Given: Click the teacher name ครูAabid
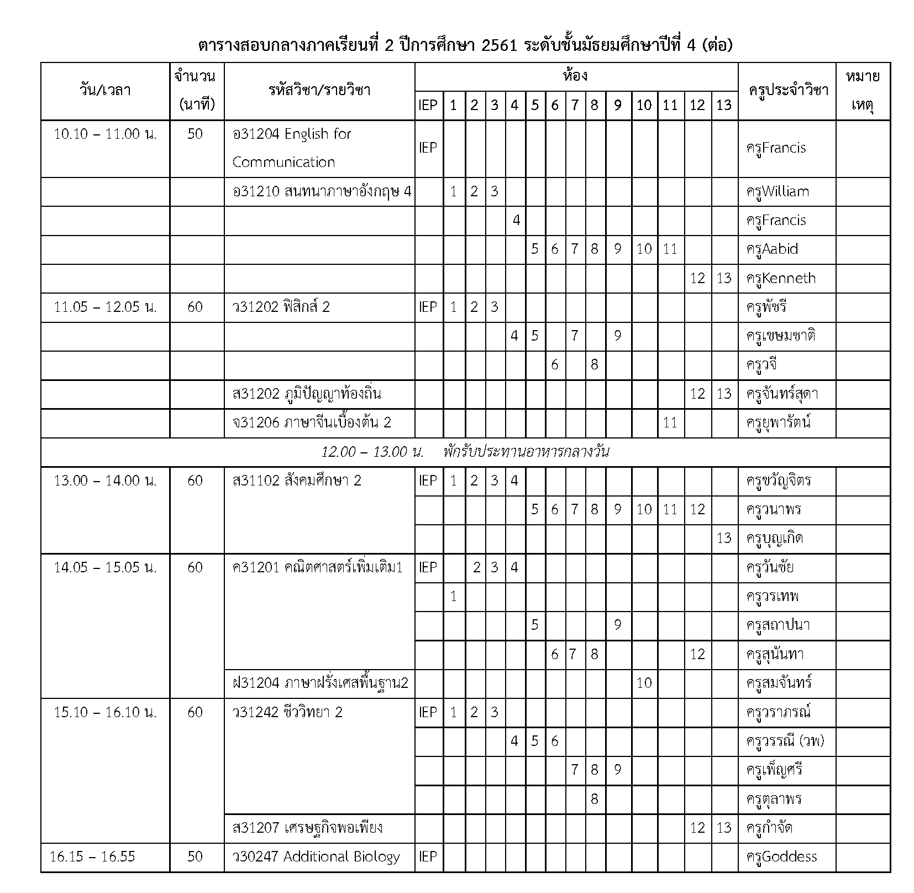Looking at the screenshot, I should (771, 249).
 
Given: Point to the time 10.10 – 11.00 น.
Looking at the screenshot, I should (105, 134).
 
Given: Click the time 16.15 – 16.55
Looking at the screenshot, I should (92, 857).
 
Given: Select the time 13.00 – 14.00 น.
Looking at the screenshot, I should (105, 481).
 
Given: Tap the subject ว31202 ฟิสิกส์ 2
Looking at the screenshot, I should (281, 307).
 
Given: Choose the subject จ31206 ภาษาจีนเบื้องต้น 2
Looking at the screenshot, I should (312, 423).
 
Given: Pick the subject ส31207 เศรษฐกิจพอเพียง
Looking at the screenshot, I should (307, 828).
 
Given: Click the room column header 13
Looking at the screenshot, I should (723, 105).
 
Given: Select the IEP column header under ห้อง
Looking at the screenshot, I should (428, 105).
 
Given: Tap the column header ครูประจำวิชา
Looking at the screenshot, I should (788, 91).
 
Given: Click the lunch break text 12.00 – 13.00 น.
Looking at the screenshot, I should (372, 452).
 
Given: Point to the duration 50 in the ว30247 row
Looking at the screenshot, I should (195, 857).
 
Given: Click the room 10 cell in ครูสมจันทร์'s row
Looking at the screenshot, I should (644, 683).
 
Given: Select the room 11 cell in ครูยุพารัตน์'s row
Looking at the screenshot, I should (670, 423).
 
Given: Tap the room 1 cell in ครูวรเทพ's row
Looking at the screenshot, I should (453, 597).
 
